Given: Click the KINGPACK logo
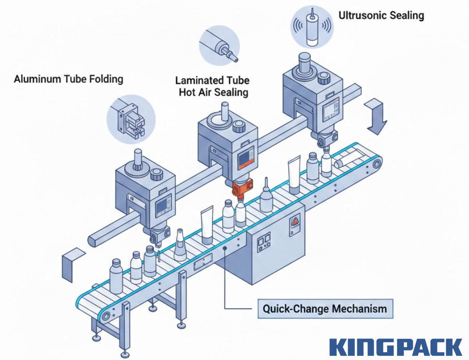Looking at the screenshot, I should [396, 347].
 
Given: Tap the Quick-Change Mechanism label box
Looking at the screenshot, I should [324, 308].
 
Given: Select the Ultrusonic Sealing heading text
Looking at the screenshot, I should [381, 15].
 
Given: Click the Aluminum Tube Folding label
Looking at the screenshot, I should [68, 79].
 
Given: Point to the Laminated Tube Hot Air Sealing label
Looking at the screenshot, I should [212, 86].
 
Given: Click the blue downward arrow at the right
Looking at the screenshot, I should [377, 117].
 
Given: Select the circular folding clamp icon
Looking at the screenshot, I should [131, 118].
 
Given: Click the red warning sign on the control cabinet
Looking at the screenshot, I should [294, 223].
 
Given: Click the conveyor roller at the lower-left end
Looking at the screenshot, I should [107, 316].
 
